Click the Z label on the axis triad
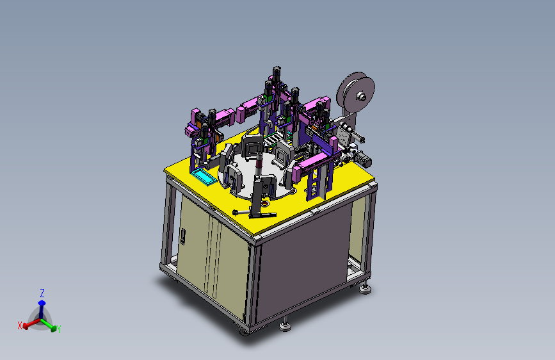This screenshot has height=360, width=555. click(x=42, y=293)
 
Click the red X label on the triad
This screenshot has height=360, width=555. click(x=20, y=325)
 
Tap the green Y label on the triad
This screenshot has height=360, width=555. click(x=59, y=329)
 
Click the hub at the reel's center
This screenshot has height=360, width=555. click(x=361, y=96)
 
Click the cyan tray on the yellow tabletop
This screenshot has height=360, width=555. click(x=204, y=177)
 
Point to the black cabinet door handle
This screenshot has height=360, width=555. click(x=182, y=236)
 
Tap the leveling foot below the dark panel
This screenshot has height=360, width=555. click(x=285, y=325)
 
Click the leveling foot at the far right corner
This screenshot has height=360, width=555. click(x=365, y=288)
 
